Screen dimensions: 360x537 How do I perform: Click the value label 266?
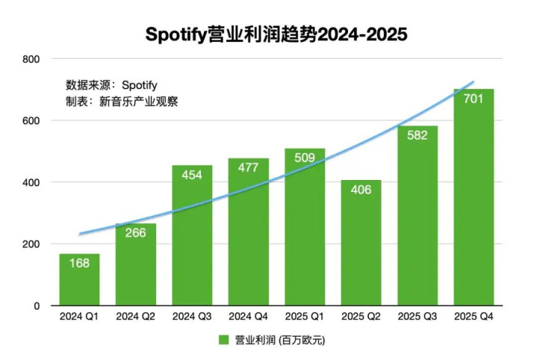click(135, 234)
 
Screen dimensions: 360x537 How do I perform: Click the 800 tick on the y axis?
click(31, 59)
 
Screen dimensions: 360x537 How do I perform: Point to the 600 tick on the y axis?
click(31, 121)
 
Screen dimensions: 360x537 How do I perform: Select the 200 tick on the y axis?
click(31, 244)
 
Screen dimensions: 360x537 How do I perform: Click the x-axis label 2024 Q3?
click(192, 317)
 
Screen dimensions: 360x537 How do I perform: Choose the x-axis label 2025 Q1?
click(304, 317)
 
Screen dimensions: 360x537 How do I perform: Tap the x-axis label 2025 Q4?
click(474, 317)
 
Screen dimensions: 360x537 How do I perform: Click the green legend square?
click(223, 340)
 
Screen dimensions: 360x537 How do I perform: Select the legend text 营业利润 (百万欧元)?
click(280, 340)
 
